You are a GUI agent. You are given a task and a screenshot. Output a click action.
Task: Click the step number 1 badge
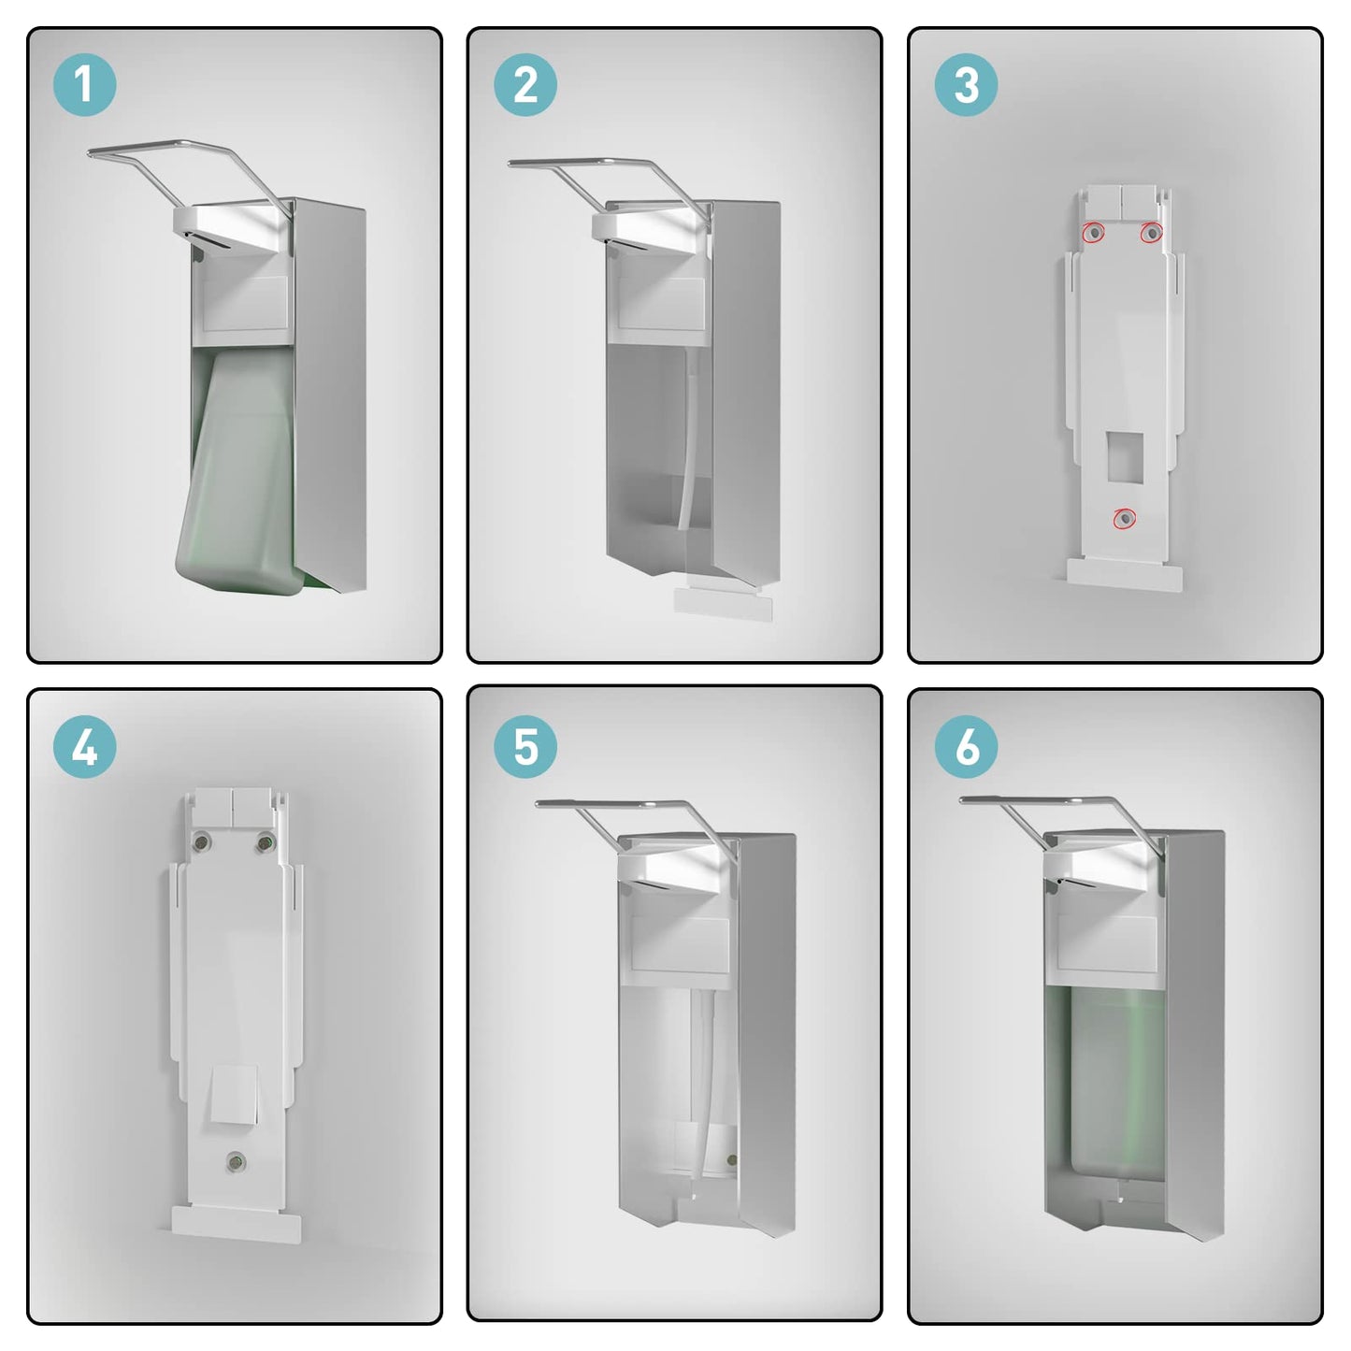(x=85, y=85)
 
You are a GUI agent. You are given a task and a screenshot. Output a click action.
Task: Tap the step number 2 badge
(x=525, y=85)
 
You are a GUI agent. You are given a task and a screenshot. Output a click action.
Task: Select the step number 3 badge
(x=966, y=85)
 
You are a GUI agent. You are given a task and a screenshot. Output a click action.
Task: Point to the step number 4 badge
(x=85, y=746)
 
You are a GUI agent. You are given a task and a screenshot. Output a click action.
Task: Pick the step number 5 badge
(x=525, y=746)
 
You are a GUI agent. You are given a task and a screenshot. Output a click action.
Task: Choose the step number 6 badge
(x=966, y=746)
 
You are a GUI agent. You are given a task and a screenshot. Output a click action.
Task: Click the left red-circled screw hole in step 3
(x=1094, y=232)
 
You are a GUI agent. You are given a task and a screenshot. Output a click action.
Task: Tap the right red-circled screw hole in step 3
(x=1151, y=232)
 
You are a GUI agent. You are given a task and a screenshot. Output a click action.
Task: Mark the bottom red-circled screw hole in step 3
(x=1125, y=519)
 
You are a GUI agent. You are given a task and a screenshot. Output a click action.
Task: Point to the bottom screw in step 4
(x=236, y=1162)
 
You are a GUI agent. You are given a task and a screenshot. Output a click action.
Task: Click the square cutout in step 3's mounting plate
(x=1125, y=455)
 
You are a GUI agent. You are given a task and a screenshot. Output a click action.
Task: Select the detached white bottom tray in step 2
(x=723, y=604)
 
